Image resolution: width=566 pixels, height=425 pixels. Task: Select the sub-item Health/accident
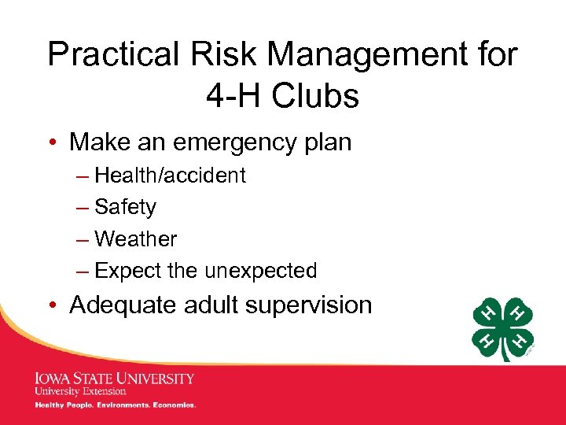coord(169,176)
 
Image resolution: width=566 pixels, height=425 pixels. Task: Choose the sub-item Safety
coord(125,207)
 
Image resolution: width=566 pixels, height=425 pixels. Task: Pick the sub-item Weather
coord(135,238)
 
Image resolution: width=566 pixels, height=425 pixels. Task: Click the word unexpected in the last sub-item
coord(260,271)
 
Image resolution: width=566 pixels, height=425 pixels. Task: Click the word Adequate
coord(123,305)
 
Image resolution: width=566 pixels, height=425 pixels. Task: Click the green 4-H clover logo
coord(503,329)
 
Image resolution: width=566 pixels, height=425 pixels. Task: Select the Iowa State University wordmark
coord(114,379)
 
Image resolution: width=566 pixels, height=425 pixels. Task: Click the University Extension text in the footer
coord(80,391)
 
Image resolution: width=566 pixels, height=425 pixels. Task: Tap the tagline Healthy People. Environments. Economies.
coord(115,405)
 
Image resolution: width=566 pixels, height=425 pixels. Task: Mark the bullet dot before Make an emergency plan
coord(57,143)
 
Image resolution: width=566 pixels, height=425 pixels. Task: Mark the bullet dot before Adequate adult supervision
coord(57,305)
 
